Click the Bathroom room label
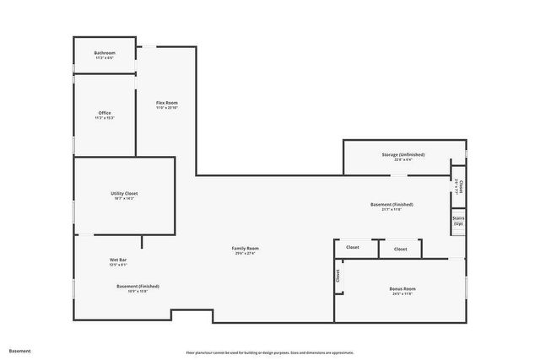point(105,53)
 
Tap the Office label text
point(105,113)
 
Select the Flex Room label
point(166,103)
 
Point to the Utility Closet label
point(124,194)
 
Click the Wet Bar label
point(118,260)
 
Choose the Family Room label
point(246,248)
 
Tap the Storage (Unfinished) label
point(403,155)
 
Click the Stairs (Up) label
point(458,220)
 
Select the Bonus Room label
point(402,289)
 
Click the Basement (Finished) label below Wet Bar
point(138,286)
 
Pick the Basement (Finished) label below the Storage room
point(391,205)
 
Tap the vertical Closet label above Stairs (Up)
point(459,186)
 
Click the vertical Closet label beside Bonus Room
point(338,275)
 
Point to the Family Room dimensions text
point(246,253)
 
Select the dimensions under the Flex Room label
point(166,108)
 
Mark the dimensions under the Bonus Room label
point(402,294)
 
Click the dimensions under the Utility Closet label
point(124,199)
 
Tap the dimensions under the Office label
point(105,118)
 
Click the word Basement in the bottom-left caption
point(19,350)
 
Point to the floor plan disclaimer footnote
point(269,352)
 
